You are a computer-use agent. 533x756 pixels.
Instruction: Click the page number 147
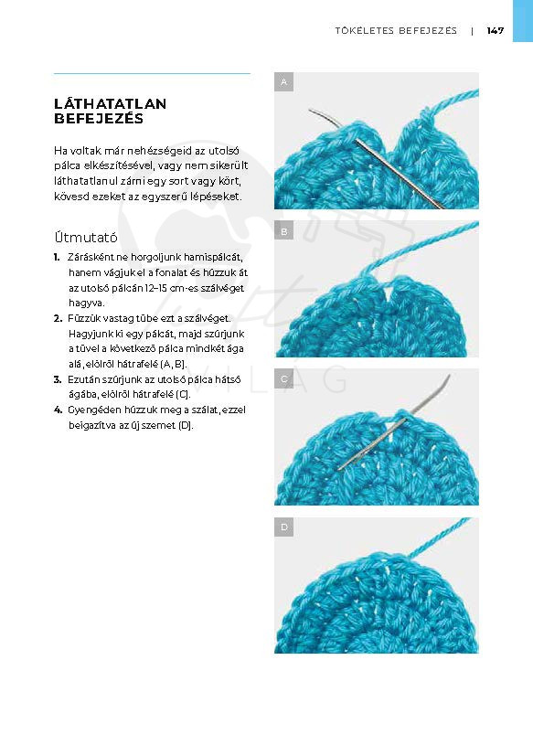tap(495, 31)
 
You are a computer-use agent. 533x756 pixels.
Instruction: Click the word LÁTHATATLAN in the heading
tap(110, 103)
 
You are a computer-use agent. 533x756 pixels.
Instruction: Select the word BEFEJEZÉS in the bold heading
tap(99, 119)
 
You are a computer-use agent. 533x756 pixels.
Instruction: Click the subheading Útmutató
tap(86, 238)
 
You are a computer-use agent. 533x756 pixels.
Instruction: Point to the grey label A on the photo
tap(284, 82)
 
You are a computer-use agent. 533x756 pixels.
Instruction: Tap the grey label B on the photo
tap(284, 231)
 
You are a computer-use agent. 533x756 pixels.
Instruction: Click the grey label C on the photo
tap(284, 379)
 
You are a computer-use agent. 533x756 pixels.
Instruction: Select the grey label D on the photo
tap(284, 527)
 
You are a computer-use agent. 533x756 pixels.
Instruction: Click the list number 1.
tap(57, 258)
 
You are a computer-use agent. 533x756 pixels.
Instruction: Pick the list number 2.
tap(58, 319)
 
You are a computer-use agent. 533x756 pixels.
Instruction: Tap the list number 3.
tap(58, 380)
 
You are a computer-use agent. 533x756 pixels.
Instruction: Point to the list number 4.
tap(58, 410)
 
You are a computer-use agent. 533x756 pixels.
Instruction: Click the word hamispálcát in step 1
tap(213, 258)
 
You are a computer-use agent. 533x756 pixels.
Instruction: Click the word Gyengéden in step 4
tap(93, 410)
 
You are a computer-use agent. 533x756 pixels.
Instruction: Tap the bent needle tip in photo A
tap(310, 111)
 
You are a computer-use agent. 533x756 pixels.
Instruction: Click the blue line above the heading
tap(152, 74)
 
